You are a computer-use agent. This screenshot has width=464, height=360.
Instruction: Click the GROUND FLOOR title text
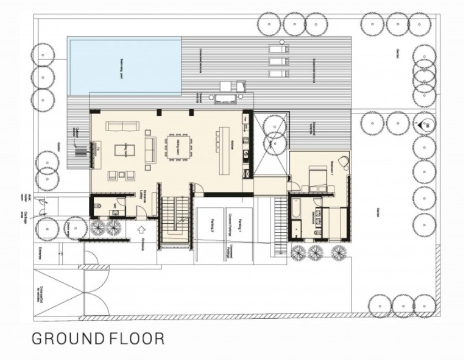coord(98,337)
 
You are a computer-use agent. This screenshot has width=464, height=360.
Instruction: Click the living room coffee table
coord(122,150)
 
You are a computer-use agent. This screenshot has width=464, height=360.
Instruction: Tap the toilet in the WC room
coord(98,206)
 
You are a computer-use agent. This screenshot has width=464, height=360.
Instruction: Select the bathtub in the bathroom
coord(296,210)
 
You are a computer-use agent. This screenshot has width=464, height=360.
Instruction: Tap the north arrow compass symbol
coord(427,125)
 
